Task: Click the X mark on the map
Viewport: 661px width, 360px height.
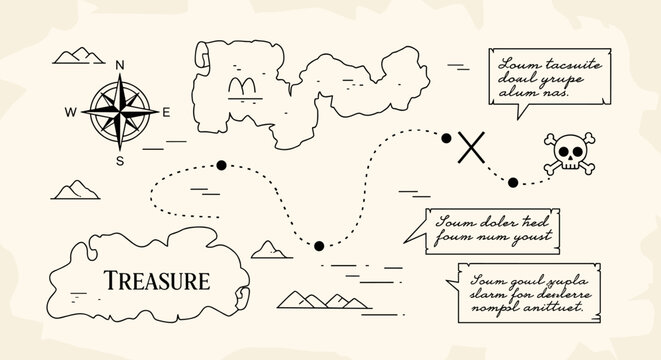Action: coord(470,148)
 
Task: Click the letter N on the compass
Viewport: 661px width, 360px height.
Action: coord(120,65)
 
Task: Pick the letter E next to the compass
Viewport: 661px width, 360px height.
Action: coord(167,113)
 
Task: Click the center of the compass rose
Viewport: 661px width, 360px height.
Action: coord(120,113)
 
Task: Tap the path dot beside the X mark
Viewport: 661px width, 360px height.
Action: coord(447,138)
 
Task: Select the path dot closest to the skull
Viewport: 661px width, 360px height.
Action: coord(513,182)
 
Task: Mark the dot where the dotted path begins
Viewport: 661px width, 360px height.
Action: coord(220,165)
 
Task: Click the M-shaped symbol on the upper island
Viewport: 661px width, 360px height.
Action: coord(241,88)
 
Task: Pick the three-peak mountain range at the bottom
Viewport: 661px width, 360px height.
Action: coord(314,298)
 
